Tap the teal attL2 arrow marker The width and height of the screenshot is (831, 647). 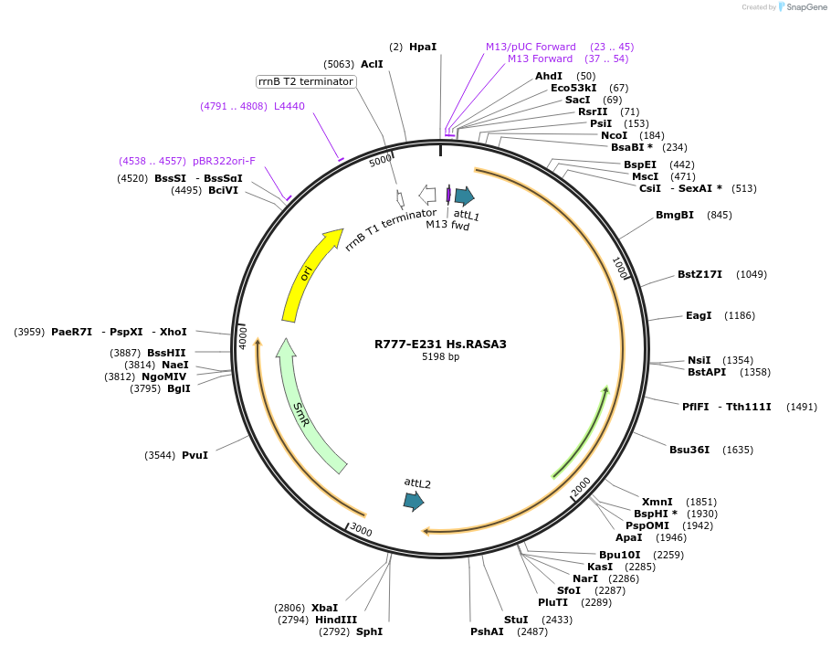click(x=414, y=500)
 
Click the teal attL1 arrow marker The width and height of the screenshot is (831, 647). click(x=464, y=196)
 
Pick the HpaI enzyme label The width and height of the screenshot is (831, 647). click(x=423, y=47)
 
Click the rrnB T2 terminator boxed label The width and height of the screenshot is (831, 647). click(x=306, y=81)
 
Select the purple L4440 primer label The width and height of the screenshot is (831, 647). click(x=289, y=106)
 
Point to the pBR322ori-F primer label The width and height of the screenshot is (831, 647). click(x=224, y=161)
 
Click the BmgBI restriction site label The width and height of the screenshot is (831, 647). click(x=675, y=215)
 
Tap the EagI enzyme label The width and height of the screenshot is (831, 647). click(x=699, y=315)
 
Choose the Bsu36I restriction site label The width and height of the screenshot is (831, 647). click(x=689, y=450)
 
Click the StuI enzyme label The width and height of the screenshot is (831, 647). click(x=516, y=620)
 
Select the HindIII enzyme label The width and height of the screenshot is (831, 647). click(x=336, y=620)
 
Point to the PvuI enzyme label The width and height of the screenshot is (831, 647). click(x=195, y=455)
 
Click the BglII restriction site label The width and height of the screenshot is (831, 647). click(x=179, y=388)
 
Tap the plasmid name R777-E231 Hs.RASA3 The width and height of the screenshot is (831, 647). click(x=440, y=345)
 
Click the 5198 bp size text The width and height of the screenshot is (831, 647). click(x=440, y=357)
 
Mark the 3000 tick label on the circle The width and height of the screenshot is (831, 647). click(x=362, y=530)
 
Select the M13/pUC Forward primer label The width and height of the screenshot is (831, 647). click(x=531, y=47)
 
